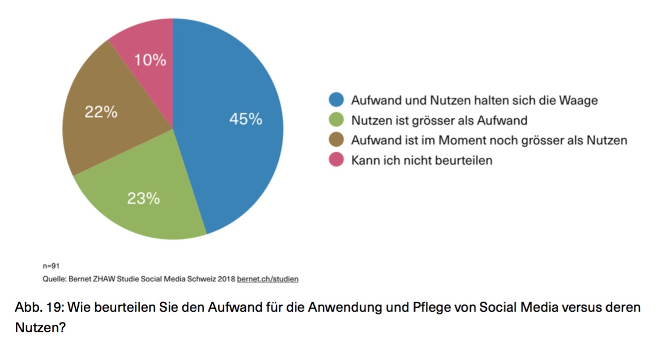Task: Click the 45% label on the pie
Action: coord(246,119)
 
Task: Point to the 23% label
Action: coord(143,199)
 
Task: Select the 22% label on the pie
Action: coord(101,112)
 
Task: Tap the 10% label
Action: coord(150,60)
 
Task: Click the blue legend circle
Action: coord(336,100)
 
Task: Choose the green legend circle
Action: coord(336,119)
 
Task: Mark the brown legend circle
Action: coord(336,139)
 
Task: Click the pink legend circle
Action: coord(336,160)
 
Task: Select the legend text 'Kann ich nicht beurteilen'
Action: coord(421,160)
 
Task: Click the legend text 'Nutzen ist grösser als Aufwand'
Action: coord(440,121)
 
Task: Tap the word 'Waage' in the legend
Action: coord(578,101)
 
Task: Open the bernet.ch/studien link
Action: coord(267,279)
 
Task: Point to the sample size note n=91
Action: coord(51,266)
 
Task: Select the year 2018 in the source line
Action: coord(226,279)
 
